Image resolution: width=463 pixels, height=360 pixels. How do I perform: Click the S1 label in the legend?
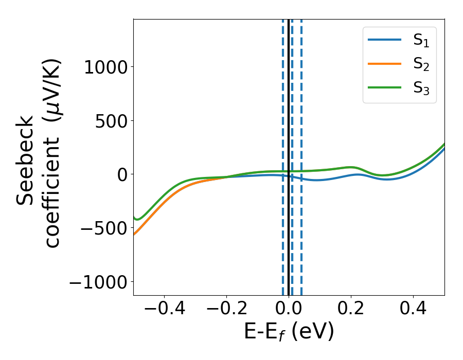421,42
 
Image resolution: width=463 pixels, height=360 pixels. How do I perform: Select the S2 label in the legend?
421,65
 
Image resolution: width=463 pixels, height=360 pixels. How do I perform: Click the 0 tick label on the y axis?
121,174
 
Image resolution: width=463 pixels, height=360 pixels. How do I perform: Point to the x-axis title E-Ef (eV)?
289,332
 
